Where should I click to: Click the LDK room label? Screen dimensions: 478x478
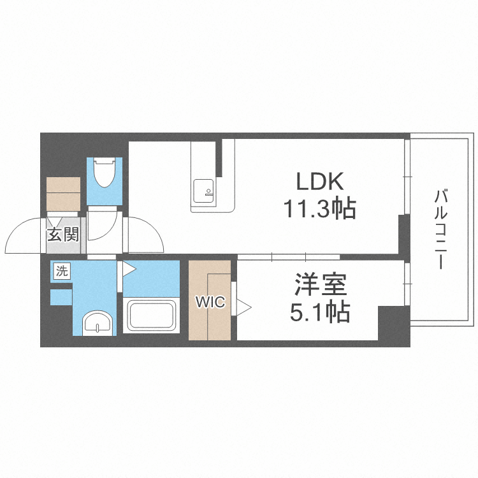click(x=320, y=182)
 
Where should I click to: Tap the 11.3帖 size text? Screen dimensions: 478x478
click(x=320, y=208)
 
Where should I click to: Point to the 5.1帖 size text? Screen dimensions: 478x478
click(x=320, y=312)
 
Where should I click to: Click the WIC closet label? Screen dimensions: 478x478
click(x=210, y=303)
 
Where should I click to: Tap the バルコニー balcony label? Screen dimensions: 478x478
click(x=440, y=229)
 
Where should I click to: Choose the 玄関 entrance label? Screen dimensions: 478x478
click(x=63, y=235)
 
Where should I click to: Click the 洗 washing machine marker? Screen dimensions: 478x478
click(x=61, y=270)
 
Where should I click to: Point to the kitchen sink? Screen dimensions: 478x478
click(x=205, y=189)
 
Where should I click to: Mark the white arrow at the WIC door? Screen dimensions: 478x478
click(x=243, y=308)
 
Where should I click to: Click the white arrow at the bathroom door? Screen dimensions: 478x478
click(x=127, y=268)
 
